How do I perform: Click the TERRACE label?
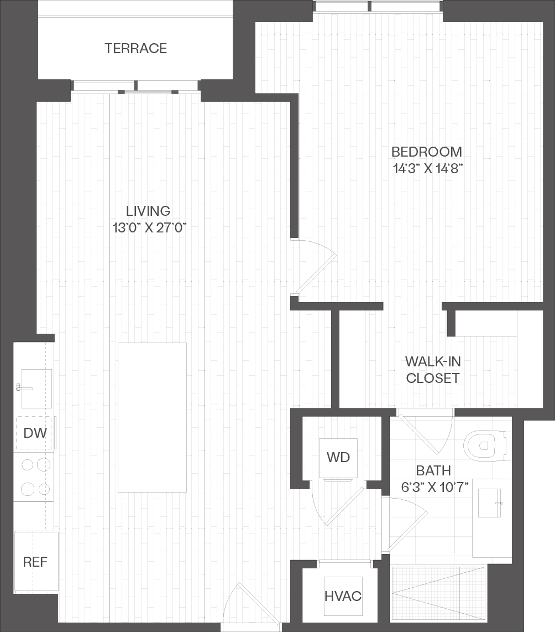(135, 48)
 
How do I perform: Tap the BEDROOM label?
(427, 152)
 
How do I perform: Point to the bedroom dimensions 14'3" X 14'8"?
(427, 168)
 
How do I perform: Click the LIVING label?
(148, 211)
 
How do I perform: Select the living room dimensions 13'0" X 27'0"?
(149, 228)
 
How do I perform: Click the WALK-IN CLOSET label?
(433, 370)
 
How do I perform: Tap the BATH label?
(433, 470)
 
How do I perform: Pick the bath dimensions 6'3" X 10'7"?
(434, 488)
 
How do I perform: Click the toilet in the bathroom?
(487, 446)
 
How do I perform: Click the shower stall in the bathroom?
(439, 594)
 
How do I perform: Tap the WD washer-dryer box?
(338, 458)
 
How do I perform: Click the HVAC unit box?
(343, 596)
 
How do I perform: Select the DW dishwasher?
(35, 433)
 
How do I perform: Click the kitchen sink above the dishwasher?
(36, 388)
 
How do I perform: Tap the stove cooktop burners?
(35, 477)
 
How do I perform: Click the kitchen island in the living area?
(152, 418)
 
